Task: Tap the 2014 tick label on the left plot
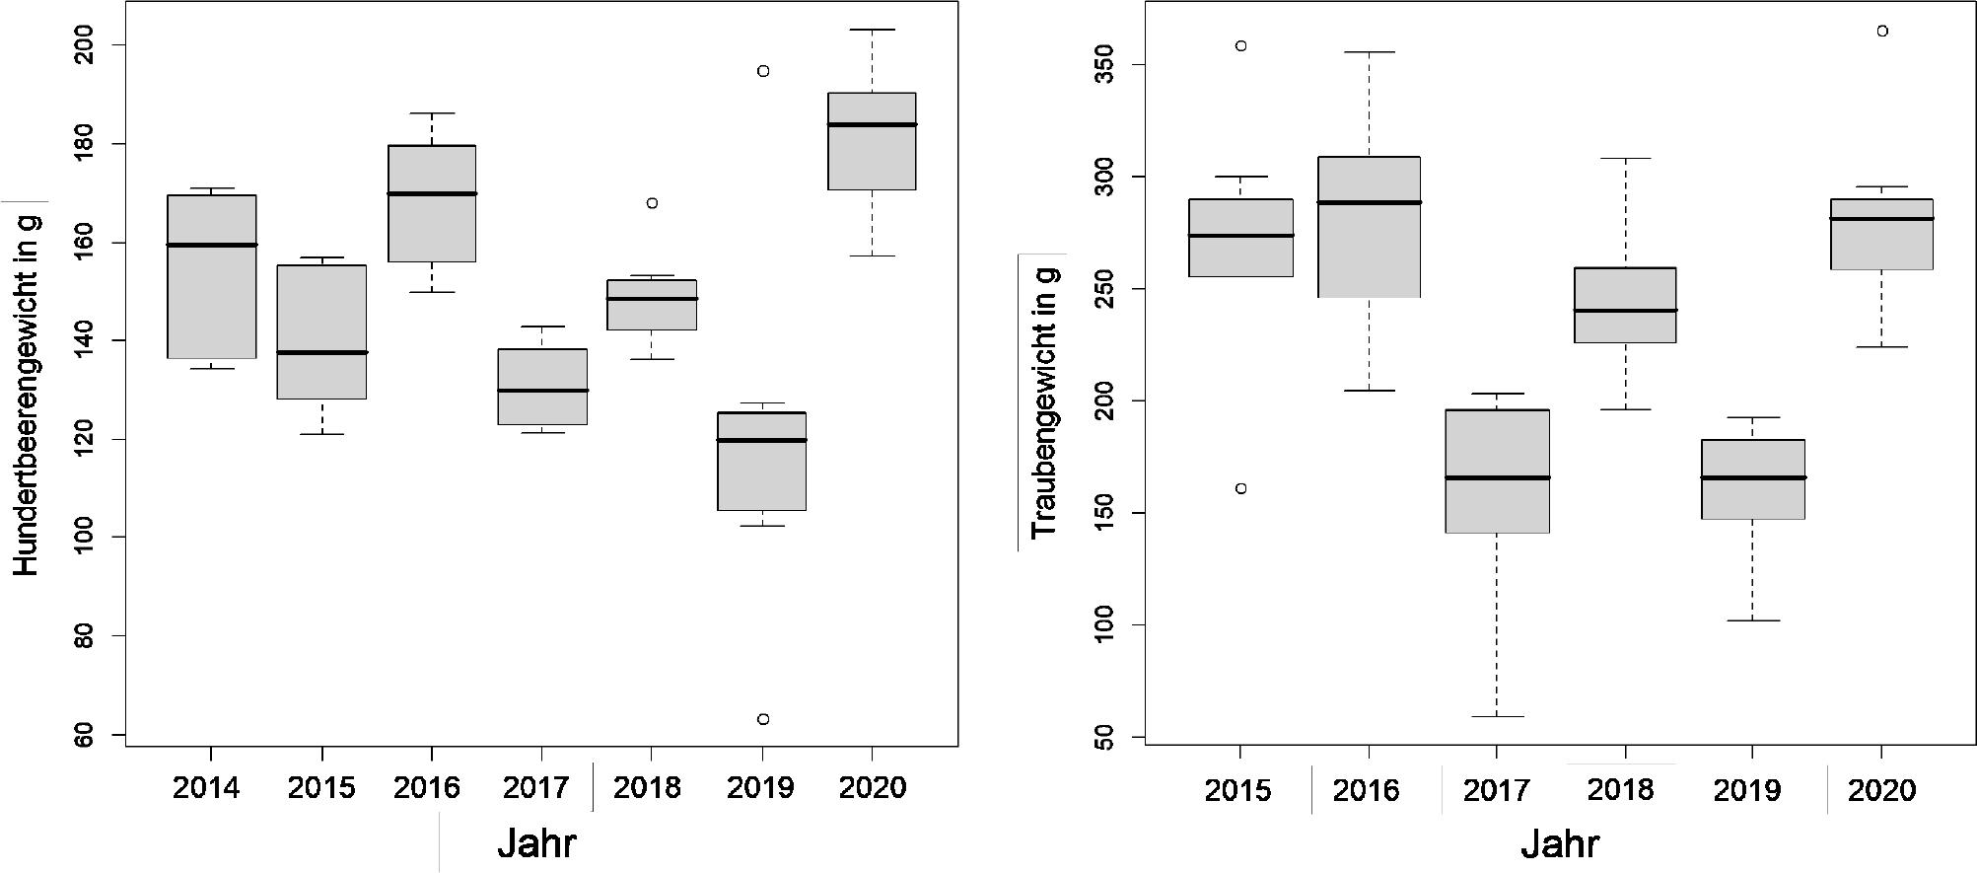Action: pyautogui.click(x=206, y=787)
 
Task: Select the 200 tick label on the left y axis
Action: pyautogui.click(x=87, y=45)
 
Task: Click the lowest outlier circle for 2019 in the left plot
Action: pyautogui.click(x=762, y=719)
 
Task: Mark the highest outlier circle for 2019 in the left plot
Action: pyautogui.click(x=762, y=71)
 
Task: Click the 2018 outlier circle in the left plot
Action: pyautogui.click(x=652, y=203)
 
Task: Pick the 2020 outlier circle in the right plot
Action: pyautogui.click(x=1881, y=32)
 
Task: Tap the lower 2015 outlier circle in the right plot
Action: pyautogui.click(x=1240, y=488)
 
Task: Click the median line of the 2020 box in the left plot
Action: pyautogui.click(x=872, y=124)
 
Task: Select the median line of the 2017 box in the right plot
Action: pyautogui.click(x=1496, y=477)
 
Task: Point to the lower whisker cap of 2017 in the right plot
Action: pyautogui.click(x=1496, y=716)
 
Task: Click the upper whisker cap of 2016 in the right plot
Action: pyautogui.click(x=1369, y=52)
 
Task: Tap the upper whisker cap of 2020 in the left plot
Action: pyautogui.click(x=872, y=30)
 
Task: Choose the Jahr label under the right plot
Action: pyautogui.click(x=1560, y=844)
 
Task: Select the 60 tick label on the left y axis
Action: pyautogui.click(x=87, y=735)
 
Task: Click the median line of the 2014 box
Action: pyautogui.click(x=212, y=245)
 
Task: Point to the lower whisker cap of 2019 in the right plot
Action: pyautogui.click(x=1752, y=620)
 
